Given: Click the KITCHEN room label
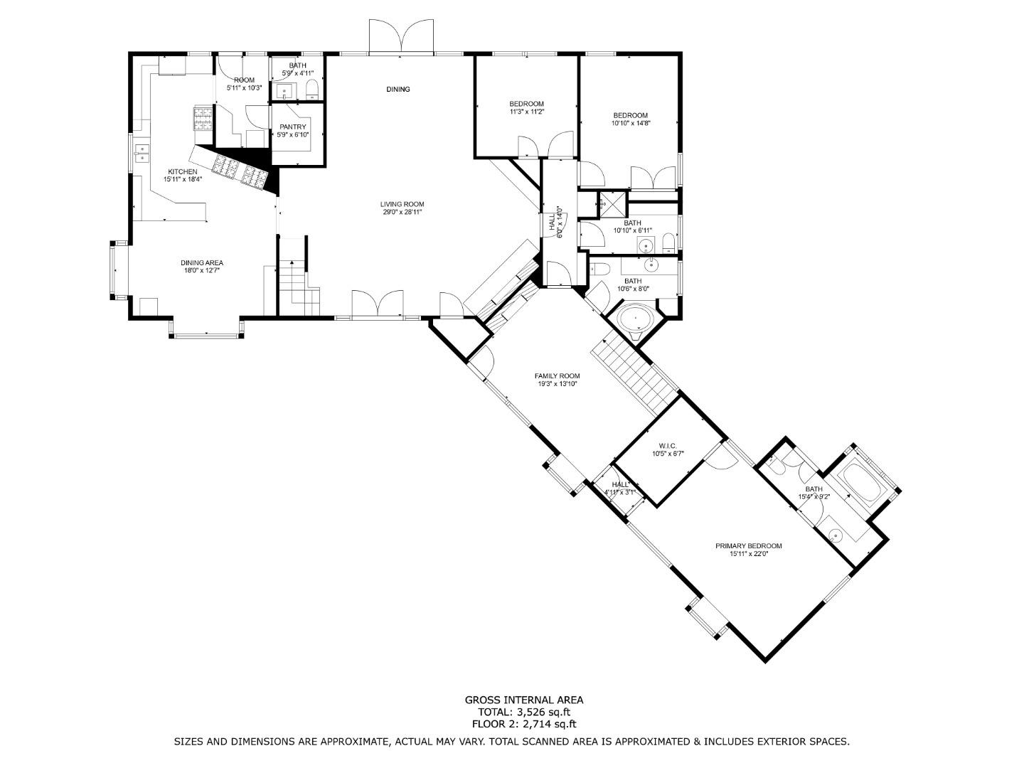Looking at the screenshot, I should [x=182, y=171].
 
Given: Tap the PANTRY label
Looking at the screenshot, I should [x=292, y=127].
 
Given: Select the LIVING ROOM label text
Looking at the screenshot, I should [x=402, y=204].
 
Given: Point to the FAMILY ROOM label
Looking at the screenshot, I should [x=557, y=375].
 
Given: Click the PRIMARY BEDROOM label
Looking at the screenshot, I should [x=748, y=545].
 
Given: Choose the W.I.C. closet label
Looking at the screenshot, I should [x=657, y=446].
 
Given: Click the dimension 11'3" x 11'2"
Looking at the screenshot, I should [x=526, y=112].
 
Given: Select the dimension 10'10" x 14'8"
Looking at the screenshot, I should [x=630, y=123].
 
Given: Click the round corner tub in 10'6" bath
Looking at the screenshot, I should [x=635, y=319].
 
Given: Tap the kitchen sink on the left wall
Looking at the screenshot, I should [x=142, y=153].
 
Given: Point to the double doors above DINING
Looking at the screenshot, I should [x=400, y=36].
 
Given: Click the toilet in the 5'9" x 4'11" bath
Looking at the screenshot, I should [x=311, y=89].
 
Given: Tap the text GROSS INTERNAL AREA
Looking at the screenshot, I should [x=523, y=700].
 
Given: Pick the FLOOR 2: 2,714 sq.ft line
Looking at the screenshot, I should [x=523, y=724].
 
